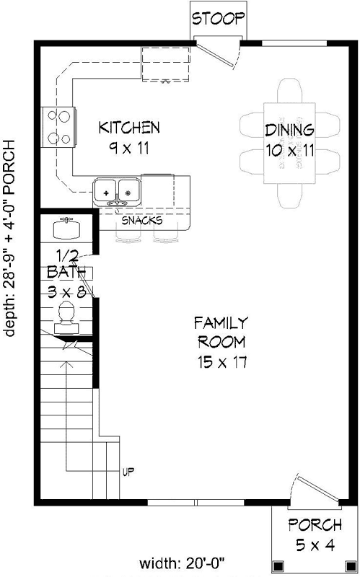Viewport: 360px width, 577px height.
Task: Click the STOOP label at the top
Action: pyautogui.click(x=219, y=19)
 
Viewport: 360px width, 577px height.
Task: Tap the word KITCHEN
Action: pyautogui.click(x=129, y=128)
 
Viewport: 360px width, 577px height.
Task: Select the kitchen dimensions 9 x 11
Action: pyautogui.click(x=129, y=149)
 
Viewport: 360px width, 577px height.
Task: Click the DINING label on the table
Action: pyautogui.click(x=289, y=131)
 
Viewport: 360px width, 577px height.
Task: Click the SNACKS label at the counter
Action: pyautogui.click(x=141, y=221)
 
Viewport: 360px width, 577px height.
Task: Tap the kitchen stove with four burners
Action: pyautogui.click(x=58, y=126)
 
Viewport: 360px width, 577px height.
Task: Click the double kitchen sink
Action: pyautogui.click(x=117, y=190)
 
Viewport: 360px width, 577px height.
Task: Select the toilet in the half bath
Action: pyautogui.click(x=67, y=316)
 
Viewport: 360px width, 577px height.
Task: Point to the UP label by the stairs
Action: pyautogui.click(x=129, y=473)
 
